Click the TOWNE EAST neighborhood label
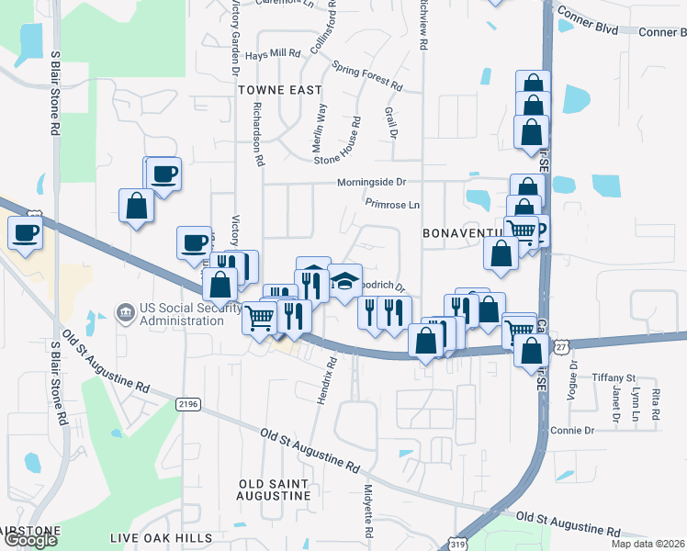pos(280,90)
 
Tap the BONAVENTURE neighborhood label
pos(464,234)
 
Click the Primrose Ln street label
pos(392,204)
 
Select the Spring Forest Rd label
pos(367,76)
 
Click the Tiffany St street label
pos(614,377)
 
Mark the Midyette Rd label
pos(368,512)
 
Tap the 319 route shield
pos(456,543)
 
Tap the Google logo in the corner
pos(30,540)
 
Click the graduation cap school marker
pos(344,281)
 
